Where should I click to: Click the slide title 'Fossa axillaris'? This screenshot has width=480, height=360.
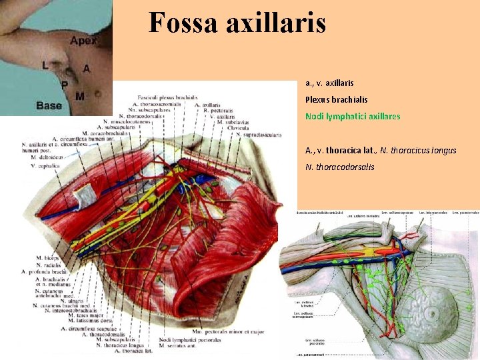[237, 23]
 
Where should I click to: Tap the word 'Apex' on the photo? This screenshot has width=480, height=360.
[83, 41]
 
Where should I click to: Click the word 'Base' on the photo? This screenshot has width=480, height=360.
[49, 105]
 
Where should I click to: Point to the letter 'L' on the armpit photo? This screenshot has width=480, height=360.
[45, 65]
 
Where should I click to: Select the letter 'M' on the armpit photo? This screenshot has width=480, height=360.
[80, 97]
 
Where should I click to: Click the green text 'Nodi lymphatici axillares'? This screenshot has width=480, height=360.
[353, 116]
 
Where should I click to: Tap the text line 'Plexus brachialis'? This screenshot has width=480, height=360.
[336, 99]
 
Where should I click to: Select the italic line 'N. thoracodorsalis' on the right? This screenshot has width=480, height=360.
[339, 167]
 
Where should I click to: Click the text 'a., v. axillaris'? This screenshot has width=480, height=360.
[329, 83]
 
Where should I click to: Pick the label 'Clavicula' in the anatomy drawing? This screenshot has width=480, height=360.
[238, 128]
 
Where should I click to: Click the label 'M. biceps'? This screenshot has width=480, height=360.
[48, 257]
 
